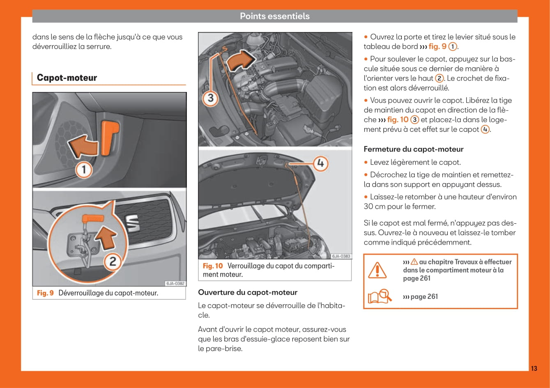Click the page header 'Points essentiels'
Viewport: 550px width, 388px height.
tap(274, 16)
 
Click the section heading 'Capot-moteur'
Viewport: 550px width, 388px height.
tap(67, 78)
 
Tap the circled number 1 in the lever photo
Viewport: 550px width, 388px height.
tap(84, 170)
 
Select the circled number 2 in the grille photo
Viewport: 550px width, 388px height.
tap(112, 261)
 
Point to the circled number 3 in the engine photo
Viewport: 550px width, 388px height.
tap(210, 98)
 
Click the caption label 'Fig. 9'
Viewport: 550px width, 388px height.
tap(45, 293)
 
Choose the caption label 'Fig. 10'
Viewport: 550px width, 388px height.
tap(212, 266)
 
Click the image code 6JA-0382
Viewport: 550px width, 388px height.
tap(175, 283)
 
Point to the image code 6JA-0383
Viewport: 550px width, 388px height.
tap(341, 256)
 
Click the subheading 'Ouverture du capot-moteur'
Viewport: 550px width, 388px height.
tap(247, 292)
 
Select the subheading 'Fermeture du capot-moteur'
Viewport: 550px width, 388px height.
tap(413, 149)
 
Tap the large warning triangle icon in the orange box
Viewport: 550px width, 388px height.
tap(377, 270)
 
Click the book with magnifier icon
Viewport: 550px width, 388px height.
tap(380, 296)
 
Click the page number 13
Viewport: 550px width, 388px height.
tap(534, 368)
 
